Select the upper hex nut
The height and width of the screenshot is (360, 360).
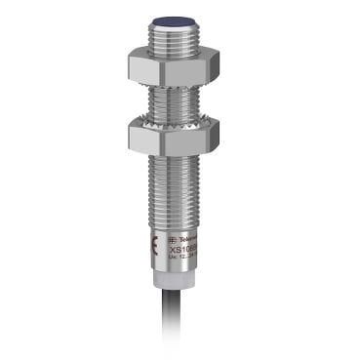click(x=179, y=67)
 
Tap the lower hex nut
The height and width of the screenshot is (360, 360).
click(x=179, y=138)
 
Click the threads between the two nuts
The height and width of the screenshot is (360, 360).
click(x=179, y=102)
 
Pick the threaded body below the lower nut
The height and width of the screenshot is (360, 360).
click(x=179, y=185)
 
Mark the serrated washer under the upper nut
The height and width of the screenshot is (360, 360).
click(x=179, y=86)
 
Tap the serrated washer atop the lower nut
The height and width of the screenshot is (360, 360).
click(x=179, y=121)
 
